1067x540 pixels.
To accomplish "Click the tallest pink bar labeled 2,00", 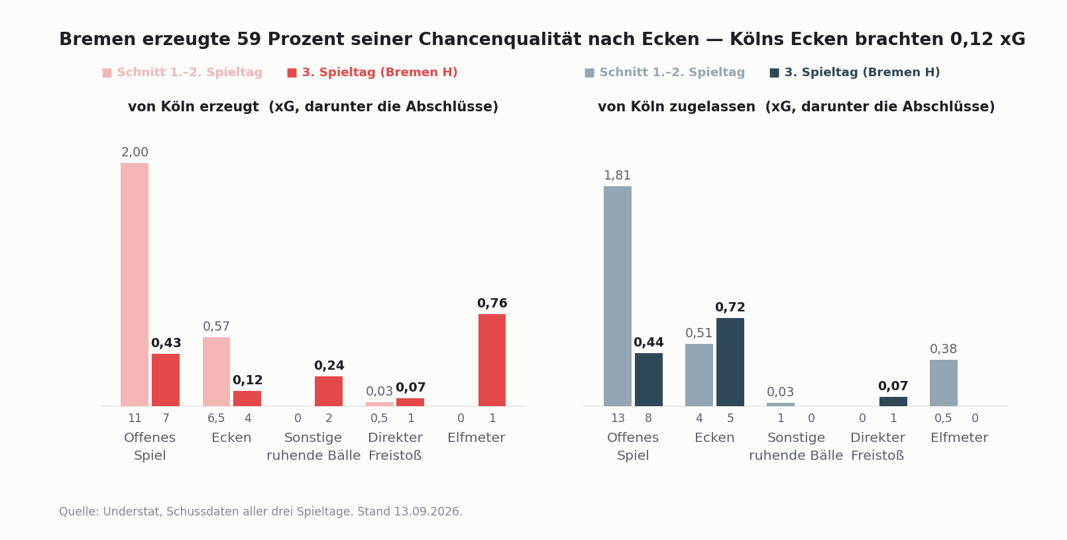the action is (x=135, y=284).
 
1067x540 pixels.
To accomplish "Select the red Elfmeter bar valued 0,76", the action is (x=492, y=360).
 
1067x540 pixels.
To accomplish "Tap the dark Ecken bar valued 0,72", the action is (x=730, y=362).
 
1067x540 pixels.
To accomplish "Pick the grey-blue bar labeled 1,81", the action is (x=618, y=296).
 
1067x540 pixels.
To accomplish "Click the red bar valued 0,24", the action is (x=329, y=392).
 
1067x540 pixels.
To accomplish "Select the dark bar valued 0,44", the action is (x=648, y=380).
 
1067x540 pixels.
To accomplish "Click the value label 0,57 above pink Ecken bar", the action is (x=216, y=327).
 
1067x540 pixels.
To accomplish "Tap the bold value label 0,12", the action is (x=247, y=380).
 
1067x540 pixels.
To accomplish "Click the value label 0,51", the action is (x=699, y=333).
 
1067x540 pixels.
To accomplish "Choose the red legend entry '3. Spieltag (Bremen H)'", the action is (x=372, y=72).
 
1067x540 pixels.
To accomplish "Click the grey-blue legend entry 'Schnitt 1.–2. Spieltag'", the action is (x=665, y=72).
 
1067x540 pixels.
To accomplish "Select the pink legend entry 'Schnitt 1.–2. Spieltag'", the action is (x=182, y=72).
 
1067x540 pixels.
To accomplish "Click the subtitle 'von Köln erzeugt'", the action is (x=194, y=107).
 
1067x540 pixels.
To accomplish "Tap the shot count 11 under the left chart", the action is (x=135, y=419).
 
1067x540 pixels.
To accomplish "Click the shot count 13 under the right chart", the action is (x=618, y=419).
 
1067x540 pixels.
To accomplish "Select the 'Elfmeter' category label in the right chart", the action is (x=960, y=437).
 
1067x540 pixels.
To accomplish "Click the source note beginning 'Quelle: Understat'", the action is (x=260, y=512).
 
